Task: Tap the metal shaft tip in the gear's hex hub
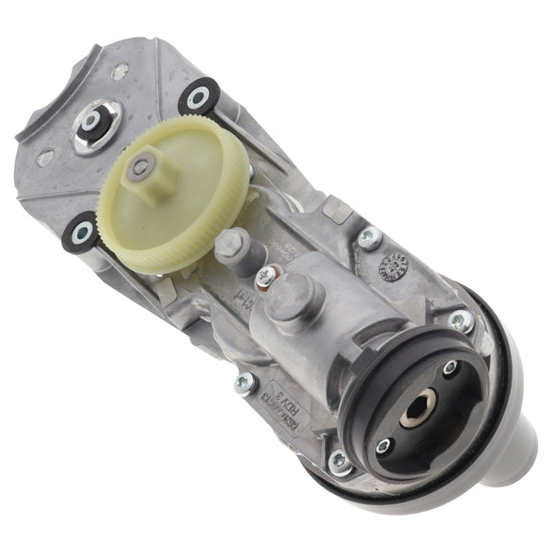click(x=140, y=167)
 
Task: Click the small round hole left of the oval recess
click(x=43, y=157)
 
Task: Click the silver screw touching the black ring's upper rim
click(x=460, y=320)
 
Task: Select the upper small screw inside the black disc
click(x=450, y=368)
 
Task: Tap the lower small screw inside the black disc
click(x=383, y=446)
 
